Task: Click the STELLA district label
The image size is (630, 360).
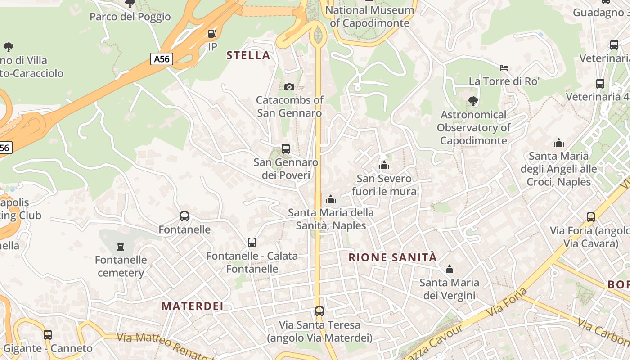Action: point(248,55)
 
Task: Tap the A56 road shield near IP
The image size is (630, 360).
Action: point(162,59)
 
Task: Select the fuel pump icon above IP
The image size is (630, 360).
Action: point(212,33)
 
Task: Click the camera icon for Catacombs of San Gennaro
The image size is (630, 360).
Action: point(289,87)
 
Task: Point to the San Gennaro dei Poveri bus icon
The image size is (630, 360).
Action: point(285,149)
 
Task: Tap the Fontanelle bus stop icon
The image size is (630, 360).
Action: point(184,216)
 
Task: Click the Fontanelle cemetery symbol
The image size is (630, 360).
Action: point(121,247)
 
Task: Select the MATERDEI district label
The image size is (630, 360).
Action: point(193,306)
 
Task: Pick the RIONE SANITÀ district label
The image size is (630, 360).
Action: point(393,257)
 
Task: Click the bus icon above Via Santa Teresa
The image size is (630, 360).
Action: point(319,311)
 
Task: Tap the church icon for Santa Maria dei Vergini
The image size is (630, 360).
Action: point(449,270)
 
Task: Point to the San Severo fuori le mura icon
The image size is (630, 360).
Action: point(384,166)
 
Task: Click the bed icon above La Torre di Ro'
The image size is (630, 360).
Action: point(504,68)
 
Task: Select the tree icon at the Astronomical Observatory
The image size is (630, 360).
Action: point(473,101)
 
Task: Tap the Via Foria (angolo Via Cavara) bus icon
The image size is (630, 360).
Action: point(590,218)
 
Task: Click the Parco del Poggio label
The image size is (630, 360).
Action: point(130,17)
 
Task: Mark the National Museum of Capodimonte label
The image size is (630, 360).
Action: point(369,16)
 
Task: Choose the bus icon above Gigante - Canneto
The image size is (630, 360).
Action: point(48,335)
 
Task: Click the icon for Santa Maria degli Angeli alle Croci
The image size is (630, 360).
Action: point(559,143)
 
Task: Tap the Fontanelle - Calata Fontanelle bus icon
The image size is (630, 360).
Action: point(252,243)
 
